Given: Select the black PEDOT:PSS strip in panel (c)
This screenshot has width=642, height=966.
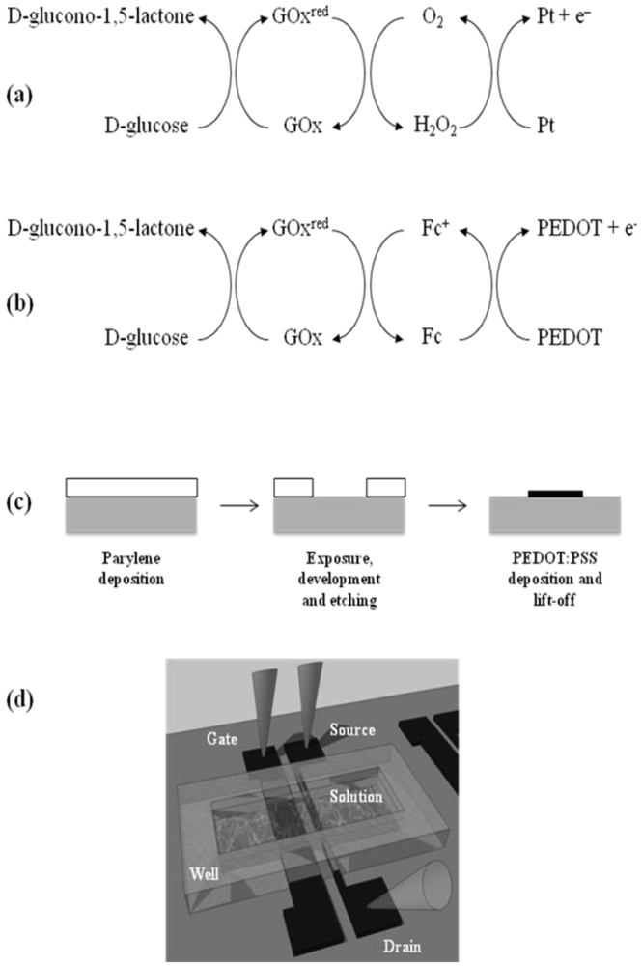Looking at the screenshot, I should [556, 493].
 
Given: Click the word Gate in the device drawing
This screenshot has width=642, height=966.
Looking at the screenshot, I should [221, 738].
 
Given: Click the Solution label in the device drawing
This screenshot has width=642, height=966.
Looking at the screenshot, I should [360, 798].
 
